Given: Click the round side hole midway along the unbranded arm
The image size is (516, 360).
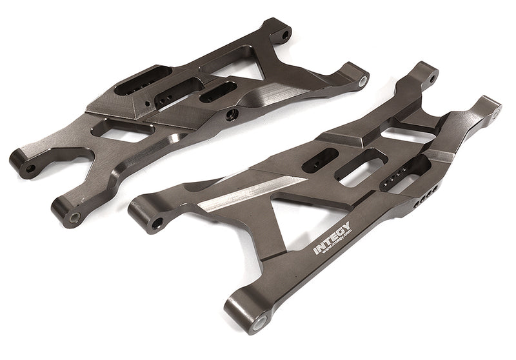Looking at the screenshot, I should click(233, 114).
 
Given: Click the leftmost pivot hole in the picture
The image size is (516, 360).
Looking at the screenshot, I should click(30, 170).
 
